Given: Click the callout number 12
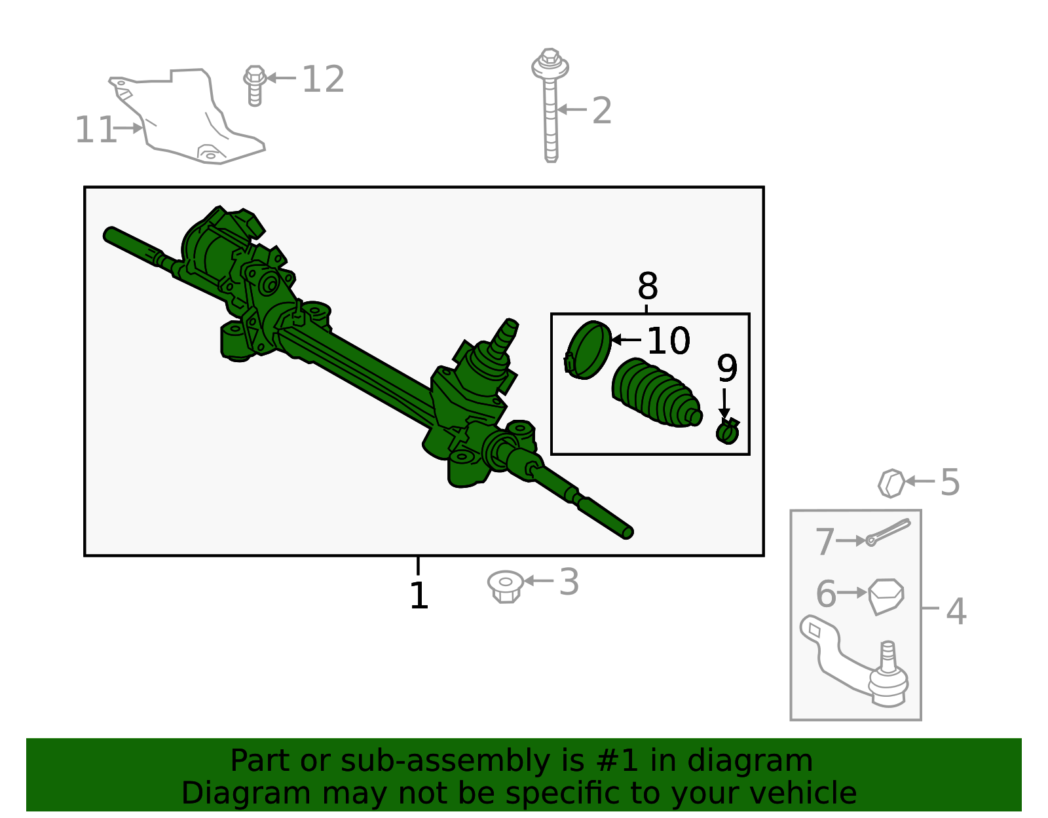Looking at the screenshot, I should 323,79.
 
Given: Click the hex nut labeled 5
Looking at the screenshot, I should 891,483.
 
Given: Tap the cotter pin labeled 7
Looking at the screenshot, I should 888,532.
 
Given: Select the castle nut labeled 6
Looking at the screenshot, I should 886,595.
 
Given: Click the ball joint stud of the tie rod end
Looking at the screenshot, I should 888,657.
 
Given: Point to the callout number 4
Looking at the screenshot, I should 956,611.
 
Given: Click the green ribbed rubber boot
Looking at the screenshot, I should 656,393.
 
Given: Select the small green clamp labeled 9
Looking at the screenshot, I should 728,432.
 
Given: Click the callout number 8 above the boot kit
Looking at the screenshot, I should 647,286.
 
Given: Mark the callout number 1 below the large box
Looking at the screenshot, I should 419,596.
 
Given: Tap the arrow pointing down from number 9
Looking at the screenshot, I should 724,402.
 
